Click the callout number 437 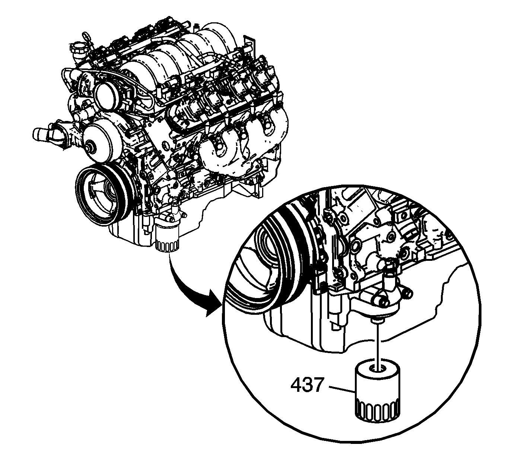click(308, 385)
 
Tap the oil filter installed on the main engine click(167, 237)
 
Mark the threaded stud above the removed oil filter click(377, 321)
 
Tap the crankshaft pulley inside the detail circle click(271, 260)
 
